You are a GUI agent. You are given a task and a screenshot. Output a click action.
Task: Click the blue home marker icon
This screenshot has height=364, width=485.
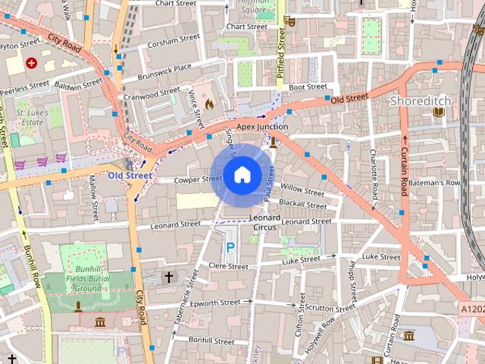242,175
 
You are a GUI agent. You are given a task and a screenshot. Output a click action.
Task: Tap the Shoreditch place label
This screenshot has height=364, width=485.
421,101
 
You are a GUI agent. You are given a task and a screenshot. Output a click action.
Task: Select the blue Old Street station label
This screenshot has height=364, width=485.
130,175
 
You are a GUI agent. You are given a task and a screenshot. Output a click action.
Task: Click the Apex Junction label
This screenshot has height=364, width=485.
262,127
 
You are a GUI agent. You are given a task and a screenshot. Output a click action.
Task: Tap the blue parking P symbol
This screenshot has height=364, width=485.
230,247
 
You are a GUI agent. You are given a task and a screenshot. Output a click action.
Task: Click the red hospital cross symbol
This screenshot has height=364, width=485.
31,63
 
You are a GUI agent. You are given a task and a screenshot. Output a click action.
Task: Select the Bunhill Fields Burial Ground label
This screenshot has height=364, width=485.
88,278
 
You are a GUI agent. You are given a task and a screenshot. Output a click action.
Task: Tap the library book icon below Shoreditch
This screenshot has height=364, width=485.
438,113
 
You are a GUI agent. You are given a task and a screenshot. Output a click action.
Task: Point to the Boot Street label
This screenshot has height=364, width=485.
307,87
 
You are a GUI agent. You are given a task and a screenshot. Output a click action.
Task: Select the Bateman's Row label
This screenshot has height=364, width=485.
442,183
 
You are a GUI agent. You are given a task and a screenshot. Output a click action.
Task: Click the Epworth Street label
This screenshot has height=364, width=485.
214,303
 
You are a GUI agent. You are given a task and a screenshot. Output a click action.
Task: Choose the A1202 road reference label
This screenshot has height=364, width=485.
470,309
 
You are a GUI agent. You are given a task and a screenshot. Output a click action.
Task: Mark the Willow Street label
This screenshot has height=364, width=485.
302,187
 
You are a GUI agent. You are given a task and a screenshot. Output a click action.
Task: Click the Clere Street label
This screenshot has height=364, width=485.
228,266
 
